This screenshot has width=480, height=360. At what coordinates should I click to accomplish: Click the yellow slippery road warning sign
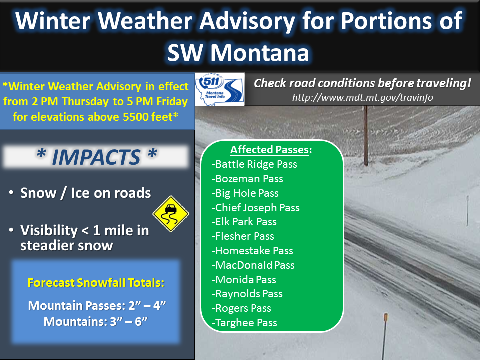(x=171, y=214)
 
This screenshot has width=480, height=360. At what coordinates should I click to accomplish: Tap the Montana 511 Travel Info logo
(x=220, y=89)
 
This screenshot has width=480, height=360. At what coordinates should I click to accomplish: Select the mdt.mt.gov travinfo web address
(x=363, y=97)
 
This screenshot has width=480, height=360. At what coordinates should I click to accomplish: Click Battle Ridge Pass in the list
(x=254, y=164)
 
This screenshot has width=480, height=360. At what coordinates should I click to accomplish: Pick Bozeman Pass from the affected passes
(x=247, y=179)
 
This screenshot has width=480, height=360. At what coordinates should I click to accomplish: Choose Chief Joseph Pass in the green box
(x=256, y=208)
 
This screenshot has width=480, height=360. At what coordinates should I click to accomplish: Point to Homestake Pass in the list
(x=252, y=251)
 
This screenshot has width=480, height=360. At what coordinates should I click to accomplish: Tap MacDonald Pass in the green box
(x=253, y=265)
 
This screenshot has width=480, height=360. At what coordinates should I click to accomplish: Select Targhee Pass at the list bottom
(x=244, y=323)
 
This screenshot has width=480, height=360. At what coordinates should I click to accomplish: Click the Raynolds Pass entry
(x=247, y=294)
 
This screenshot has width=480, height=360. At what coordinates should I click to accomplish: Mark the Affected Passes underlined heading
(x=271, y=149)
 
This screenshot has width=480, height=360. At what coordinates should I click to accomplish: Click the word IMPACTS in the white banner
(x=96, y=157)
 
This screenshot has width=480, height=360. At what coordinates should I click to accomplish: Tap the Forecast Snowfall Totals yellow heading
(x=96, y=283)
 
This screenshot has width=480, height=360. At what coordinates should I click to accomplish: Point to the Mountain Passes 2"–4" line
(x=97, y=306)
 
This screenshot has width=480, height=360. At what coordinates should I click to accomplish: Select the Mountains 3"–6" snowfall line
(x=96, y=321)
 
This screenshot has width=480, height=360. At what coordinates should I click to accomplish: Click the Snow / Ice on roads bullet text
(x=85, y=193)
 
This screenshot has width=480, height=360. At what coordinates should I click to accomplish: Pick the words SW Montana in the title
(x=238, y=53)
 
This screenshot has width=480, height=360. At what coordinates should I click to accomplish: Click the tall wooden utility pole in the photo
(x=366, y=136)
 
